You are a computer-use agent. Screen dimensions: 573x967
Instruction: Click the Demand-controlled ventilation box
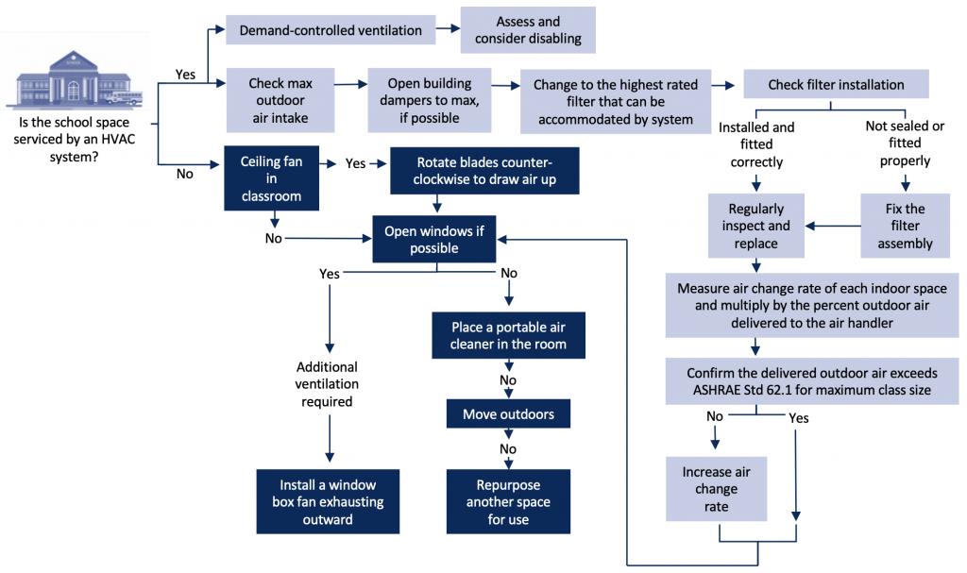click(x=331, y=30)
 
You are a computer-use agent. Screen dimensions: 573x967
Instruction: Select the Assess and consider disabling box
click(x=528, y=30)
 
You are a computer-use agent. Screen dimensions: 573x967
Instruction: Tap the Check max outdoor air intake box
click(x=280, y=101)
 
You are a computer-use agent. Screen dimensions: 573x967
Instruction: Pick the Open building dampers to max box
click(x=429, y=101)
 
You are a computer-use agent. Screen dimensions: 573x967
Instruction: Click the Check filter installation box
click(x=836, y=85)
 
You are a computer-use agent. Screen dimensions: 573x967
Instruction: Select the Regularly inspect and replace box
click(x=756, y=226)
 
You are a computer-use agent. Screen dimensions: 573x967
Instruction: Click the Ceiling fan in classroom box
click(x=272, y=178)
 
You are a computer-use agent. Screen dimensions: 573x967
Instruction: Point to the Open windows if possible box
click(x=433, y=240)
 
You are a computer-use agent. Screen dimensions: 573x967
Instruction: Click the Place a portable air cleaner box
click(x=508, y=335)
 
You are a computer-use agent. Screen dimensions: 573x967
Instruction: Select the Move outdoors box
click(x=508, y=414)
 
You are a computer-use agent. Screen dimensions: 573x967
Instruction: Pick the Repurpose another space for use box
click(x=508, y=501)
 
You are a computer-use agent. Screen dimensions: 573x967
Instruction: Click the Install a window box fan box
click(x=329, y=501)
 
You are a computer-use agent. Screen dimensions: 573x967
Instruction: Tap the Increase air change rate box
click(x=715, y=489)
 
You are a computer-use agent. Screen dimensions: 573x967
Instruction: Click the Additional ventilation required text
click(x=327, y=383)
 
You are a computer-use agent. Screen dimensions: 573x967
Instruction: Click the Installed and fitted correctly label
click(x=756, y=143)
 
